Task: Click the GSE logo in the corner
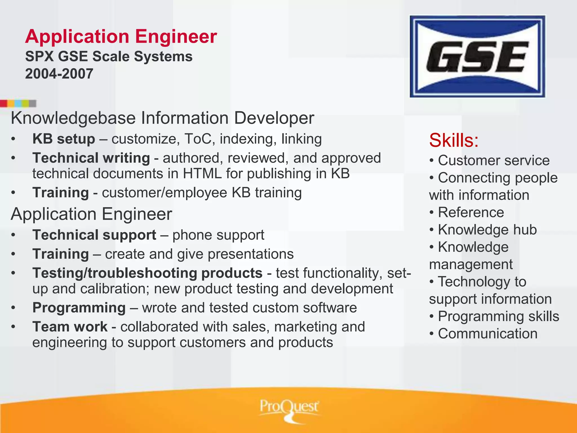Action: click(x=477, y=56)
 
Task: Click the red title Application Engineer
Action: click(x=121, y=37)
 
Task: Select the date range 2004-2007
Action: click(x=59, y=74)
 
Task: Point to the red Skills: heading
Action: click(x=454, y=140)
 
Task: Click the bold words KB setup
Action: click(x=64, y=139)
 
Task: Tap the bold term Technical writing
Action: click(x=91, y=158)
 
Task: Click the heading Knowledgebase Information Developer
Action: click(x=162, y=118)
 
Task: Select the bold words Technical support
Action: click(x=94, y=235)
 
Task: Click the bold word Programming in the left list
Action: click(x=79, y=308)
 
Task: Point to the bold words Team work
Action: click(x=70, y=327)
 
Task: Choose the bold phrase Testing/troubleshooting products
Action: click(x=147, y=273)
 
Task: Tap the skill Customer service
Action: click(x=493, y=160)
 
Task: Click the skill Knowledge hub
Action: click(x=487, y=230)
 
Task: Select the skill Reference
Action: click(x=471, y=212)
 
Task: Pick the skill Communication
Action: click(x=487, y=334)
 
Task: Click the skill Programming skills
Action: click(x=498, y=316)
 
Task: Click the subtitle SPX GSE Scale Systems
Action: click(x=109, y=56)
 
